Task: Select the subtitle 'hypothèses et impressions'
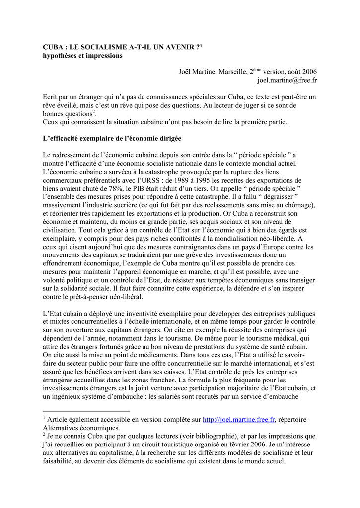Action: click(82, 56)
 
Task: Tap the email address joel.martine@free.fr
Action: click(287, 80)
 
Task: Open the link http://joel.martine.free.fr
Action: click(239, 420)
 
